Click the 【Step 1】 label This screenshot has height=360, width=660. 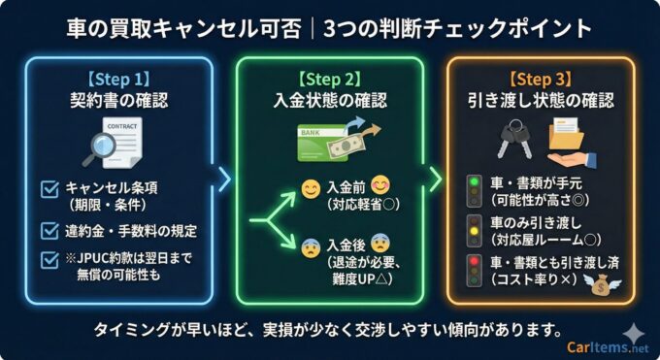(x=118, y=78)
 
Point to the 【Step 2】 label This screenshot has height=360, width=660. (x=329, y=78)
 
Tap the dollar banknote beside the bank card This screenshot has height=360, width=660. (x=346, y=147)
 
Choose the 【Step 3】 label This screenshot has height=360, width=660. (x=541, y=78)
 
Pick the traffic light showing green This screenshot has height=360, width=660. (x=475, y=191)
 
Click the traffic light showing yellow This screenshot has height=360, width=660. (x=475, y=232)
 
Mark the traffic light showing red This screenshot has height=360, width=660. (x=475, y=271)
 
